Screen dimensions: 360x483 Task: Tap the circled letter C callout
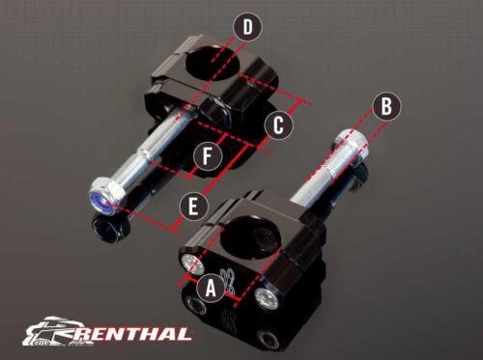pos(278,125)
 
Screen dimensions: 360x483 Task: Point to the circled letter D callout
pos(247,29)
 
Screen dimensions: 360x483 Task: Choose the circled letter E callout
pos(192,204)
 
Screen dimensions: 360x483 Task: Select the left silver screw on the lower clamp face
pos(191,263)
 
